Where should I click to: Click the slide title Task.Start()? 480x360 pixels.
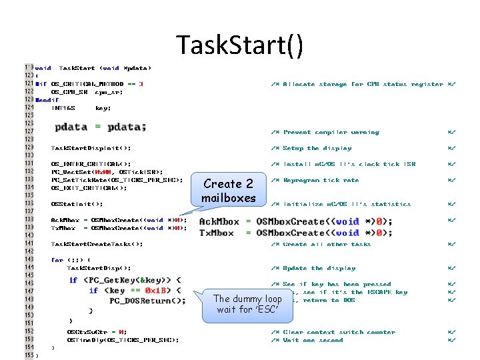point(240,45)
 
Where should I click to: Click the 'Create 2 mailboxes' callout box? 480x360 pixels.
point(229,191)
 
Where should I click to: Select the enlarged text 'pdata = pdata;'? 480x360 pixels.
point(101,127)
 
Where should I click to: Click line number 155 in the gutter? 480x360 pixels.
point(29,355)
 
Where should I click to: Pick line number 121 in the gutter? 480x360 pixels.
point(29,84)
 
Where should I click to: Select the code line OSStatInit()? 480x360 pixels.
point(77,204)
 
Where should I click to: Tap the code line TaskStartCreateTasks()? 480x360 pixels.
point(97,244)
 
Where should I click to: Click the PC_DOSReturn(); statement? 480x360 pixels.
point(148,301)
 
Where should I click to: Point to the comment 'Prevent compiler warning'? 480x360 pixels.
point(331,132)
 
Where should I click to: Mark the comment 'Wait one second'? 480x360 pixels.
point(313,340)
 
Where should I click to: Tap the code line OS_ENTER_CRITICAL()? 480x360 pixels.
point(91,164)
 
